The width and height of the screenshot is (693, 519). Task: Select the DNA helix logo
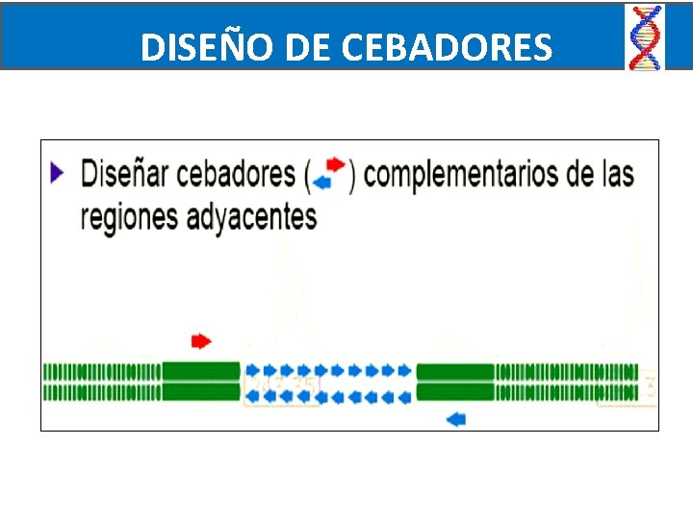pos(645,37)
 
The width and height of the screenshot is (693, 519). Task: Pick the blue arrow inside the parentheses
pos(323,182)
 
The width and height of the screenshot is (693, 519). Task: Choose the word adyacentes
pos(256,217)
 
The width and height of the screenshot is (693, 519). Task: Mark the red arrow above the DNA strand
pos(201,340)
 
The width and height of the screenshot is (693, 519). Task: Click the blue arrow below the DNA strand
pos(456,418)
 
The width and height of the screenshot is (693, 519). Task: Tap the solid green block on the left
pos(200,381)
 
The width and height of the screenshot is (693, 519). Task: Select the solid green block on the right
pos(455,381)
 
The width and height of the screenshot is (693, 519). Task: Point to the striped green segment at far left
pos(102,381)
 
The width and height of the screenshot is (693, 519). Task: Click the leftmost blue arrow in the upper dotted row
pos(253,369)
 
